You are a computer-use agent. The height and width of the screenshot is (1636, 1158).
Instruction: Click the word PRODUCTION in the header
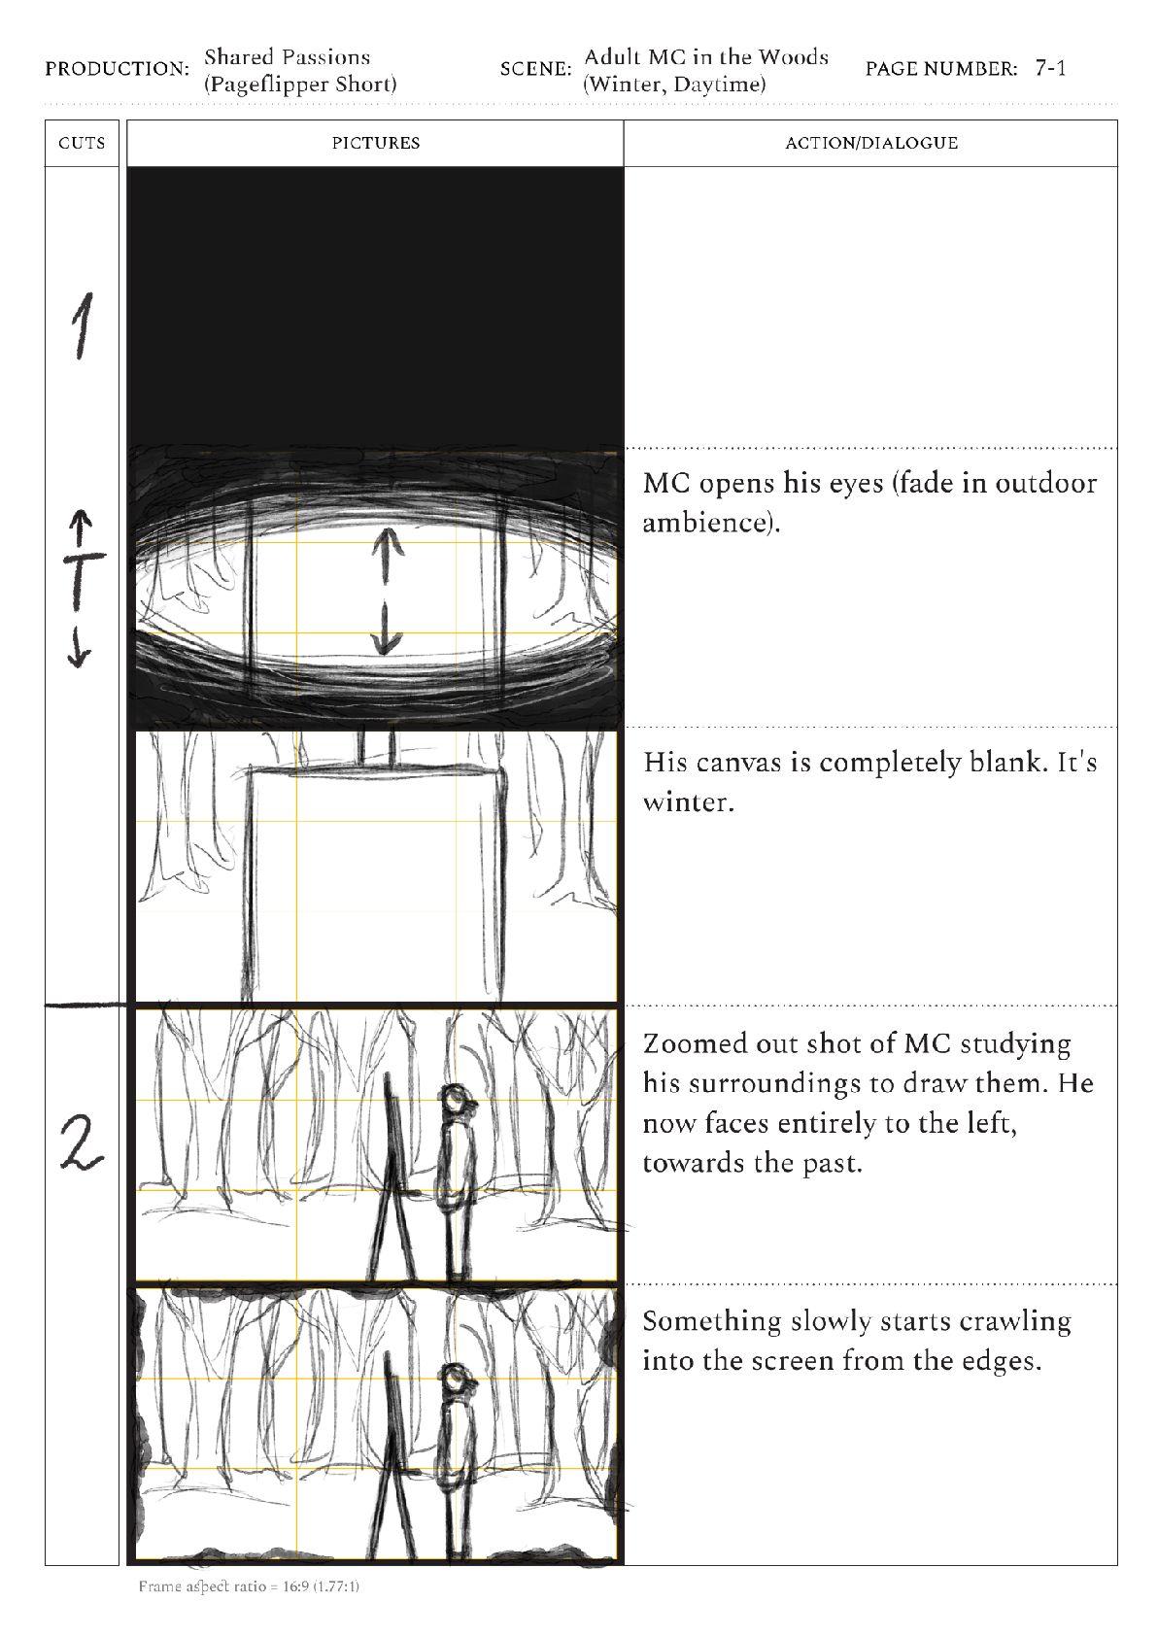[x=117, y=70]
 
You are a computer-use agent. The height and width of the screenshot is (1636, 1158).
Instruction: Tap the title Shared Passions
[x=287, y=57]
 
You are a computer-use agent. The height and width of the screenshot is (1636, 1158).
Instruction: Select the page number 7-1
[x=1050, y=69]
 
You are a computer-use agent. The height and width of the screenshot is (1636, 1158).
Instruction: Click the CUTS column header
[x=82, y=144]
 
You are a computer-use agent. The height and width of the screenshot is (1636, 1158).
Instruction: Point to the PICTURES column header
[x=375, y=144]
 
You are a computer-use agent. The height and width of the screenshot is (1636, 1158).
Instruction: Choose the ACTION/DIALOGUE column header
[x=870, y=144]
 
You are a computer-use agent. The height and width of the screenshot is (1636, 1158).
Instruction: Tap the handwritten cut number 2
[x=82, y=1142]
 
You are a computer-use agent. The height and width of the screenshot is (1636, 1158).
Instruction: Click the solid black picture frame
[x=375, y=306]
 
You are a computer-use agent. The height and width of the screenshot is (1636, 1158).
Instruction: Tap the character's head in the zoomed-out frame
[x=456, y=1101]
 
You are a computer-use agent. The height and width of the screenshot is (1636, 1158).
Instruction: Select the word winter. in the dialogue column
[x=688, y=803]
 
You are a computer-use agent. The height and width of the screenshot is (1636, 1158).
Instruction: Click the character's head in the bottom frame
[x=454, y=1379]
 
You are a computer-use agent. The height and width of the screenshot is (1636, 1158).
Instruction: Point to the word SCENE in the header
[x=535, y=70]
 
